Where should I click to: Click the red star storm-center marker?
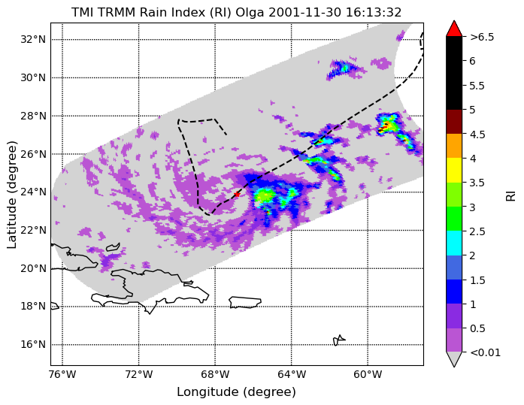coord(237,195)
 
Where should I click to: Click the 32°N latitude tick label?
coord(33,39)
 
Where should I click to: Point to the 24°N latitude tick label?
coord(33,192)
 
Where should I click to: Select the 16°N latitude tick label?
coord(33,344)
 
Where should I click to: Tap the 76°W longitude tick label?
coord(62,375)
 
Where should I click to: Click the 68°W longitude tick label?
coord(215,375)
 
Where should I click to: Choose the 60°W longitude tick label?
coord(368,375)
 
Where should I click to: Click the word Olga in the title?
coord(250,12)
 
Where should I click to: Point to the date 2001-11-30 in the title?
coord(304,12)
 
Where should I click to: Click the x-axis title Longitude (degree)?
coord(236,392)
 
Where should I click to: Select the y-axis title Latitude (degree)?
coord(12,195)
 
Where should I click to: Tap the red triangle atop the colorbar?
coord(454,29)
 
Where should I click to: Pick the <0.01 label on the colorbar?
coord(485,352)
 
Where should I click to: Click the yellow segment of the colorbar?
coord(454,171)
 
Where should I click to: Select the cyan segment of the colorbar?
coord(454,243)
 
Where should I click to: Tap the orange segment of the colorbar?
coord(454,146)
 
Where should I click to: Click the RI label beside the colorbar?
coord(511,195)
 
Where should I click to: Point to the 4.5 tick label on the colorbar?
coord(477,134)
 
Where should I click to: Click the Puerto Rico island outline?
coord(245,302)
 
